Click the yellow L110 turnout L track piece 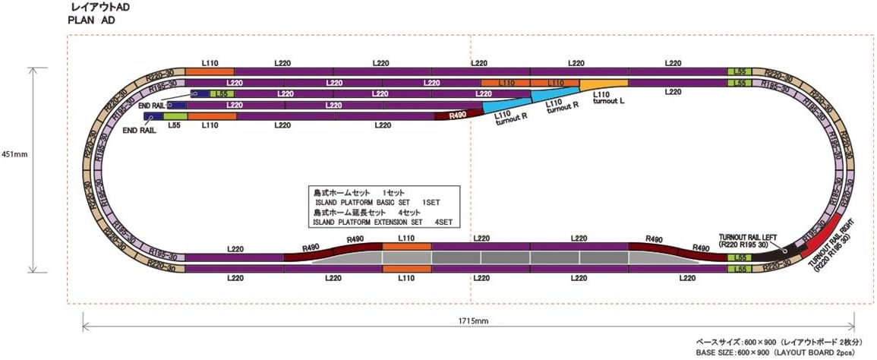click(604, 83)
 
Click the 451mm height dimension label click(16, 154)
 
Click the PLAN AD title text click(91, 21)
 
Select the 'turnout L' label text click(609, 101)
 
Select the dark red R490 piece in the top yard click(458, 115)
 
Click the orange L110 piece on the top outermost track click(210, 71)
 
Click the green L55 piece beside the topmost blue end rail click(219, 93)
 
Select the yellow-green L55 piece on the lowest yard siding click(175, 117)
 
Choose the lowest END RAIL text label click(139, 131)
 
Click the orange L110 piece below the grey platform click(407, 268)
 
